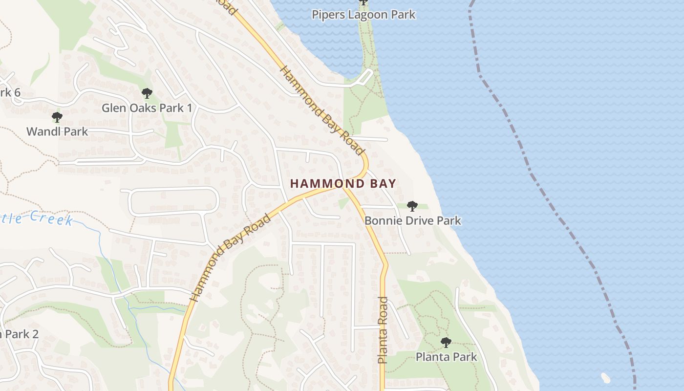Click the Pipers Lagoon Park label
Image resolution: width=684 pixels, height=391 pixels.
363,15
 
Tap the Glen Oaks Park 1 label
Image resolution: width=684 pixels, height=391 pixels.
147,108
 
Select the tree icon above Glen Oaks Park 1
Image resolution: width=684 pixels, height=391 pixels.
147,93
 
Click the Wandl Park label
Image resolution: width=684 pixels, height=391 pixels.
57,131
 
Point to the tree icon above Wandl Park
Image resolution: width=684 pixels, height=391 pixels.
57,117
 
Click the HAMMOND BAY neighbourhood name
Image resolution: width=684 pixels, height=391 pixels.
343,184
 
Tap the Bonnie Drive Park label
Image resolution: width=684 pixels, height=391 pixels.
412,220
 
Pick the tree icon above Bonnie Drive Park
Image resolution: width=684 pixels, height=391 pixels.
412,206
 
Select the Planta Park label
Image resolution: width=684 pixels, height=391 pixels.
446,357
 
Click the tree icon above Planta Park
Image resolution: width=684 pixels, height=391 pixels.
446,342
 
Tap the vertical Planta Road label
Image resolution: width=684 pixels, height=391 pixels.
383,330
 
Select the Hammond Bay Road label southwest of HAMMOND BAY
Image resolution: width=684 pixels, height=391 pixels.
230,258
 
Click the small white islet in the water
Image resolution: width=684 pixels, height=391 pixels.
606,377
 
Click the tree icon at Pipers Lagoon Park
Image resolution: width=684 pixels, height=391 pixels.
363,2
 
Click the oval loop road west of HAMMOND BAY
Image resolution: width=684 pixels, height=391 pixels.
174,202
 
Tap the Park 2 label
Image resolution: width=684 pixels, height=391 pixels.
20,334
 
